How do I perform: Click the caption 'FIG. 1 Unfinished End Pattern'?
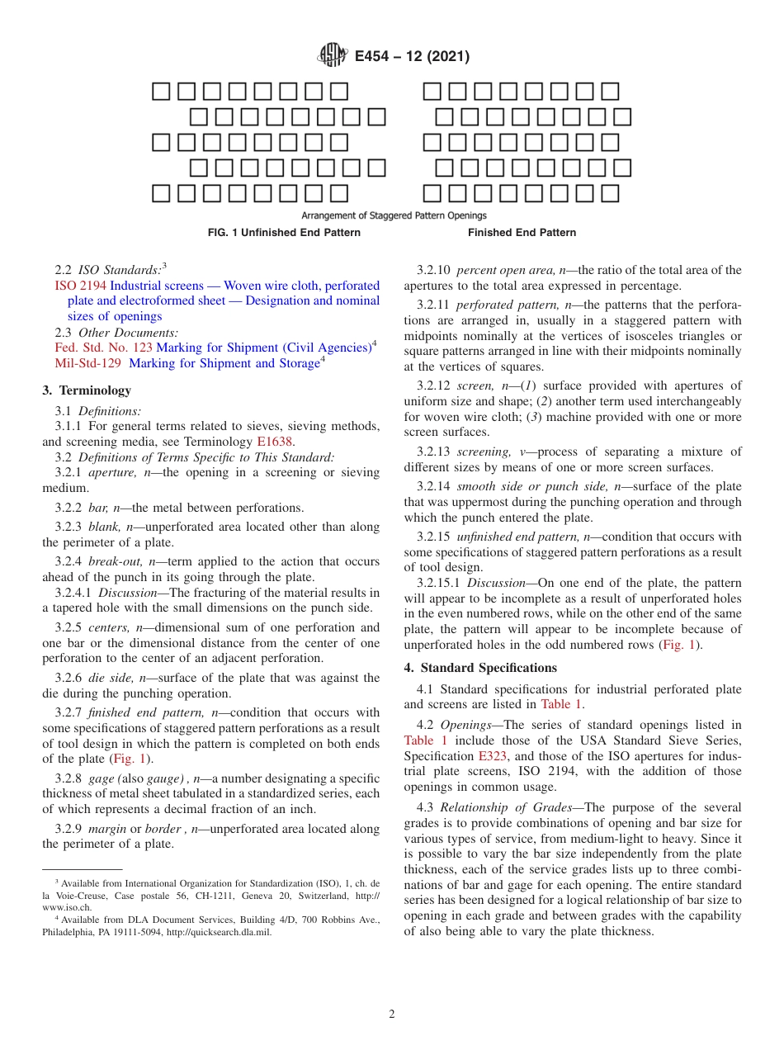283,233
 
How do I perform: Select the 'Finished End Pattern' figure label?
522,233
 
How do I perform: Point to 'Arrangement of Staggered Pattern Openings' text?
394,215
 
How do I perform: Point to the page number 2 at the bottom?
392,1015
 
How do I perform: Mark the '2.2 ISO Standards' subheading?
108,270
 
